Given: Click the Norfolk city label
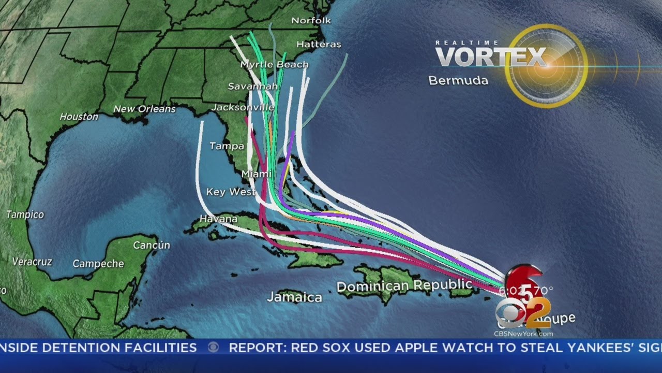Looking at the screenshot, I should [x=311, y=21].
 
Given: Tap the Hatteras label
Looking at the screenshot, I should [x=319, y=45].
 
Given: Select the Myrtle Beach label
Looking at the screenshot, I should [x=275, y=65].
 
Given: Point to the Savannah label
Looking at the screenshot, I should [x=246, y=86].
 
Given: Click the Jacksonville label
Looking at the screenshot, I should [x=243, y=107].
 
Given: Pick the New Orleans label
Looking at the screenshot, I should [x=144, y=109].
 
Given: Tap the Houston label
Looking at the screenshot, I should [x=79, y=117].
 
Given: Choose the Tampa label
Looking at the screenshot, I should [x=227, y=146].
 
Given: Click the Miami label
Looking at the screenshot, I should [x=257, y=174].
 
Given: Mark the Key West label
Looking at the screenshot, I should [x=231, y=192].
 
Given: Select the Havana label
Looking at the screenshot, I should [x=218, y=219].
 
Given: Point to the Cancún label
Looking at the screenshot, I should [x=152, y=245].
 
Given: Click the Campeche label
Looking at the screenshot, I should [x=98, y=264].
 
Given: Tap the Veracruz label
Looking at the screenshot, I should [x=32, y=262].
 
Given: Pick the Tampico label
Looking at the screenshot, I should [x=25, y=214].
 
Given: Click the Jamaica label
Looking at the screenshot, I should [x=294, y=297].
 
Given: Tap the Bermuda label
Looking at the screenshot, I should [x=458, y=81].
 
